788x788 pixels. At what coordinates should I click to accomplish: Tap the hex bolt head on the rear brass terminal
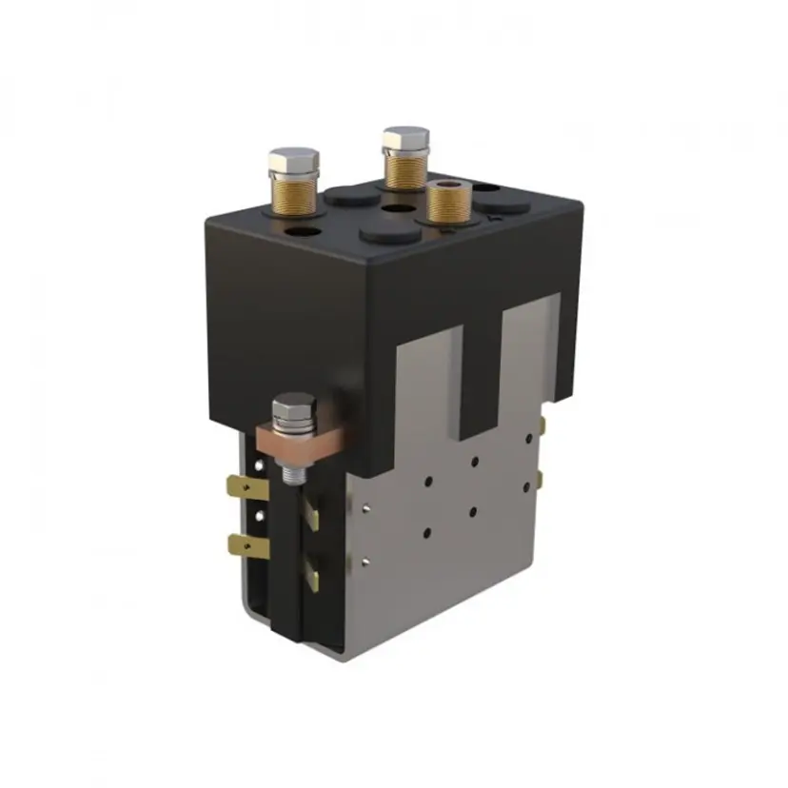click(x=405, y=138)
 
